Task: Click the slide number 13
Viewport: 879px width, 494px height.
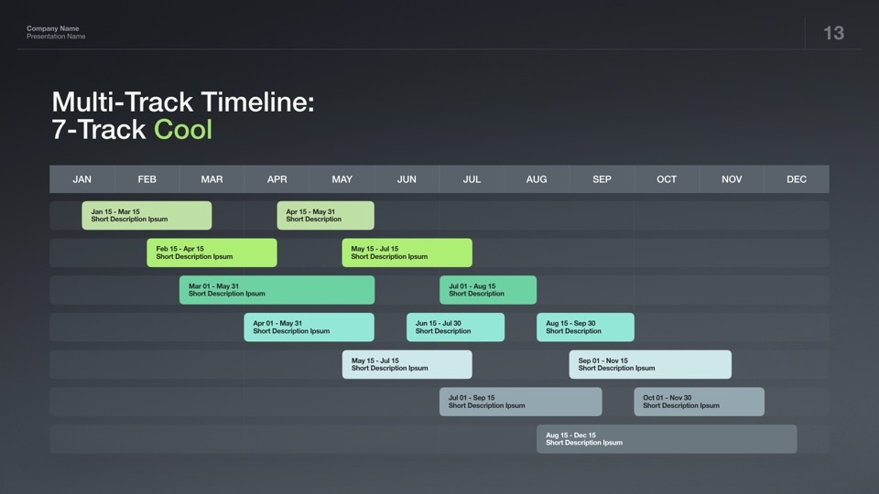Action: (x=833, y=33)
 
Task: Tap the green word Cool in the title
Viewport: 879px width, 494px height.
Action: (x=183, y=129)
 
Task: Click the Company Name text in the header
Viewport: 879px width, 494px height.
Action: (x=53, y=28)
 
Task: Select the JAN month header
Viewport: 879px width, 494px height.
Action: (x=81, y=179)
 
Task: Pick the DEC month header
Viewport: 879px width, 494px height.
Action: (x=797, y=179)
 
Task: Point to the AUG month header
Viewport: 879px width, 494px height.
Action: (x=537, y=179)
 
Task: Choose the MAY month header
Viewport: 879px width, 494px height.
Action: (x=342, y=179)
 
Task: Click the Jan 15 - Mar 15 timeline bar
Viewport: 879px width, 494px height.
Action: (x=146, y=216)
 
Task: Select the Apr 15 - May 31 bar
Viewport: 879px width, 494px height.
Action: (x=326, y=216)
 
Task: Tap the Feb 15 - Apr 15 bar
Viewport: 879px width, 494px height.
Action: (x=212, y=252)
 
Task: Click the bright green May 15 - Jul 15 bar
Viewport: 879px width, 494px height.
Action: (x=407, y=252)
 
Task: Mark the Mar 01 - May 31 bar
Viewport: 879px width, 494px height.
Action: (x=277, y=290)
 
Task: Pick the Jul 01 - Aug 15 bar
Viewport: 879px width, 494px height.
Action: (x=488, y=290)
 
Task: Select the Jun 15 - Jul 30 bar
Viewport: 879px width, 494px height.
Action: (x=456, y=328)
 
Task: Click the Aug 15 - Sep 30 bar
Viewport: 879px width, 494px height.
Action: (x=585, y=328)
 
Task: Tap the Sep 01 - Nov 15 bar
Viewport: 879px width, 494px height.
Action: (x=650, y=365)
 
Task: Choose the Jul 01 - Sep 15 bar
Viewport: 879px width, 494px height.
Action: (x=521, y=402)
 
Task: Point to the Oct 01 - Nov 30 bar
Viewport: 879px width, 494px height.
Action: (x=699, y=402)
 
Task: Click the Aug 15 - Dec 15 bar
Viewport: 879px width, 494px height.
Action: (x=667, y=439)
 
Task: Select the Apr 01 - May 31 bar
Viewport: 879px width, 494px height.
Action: (x=309, y=328)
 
